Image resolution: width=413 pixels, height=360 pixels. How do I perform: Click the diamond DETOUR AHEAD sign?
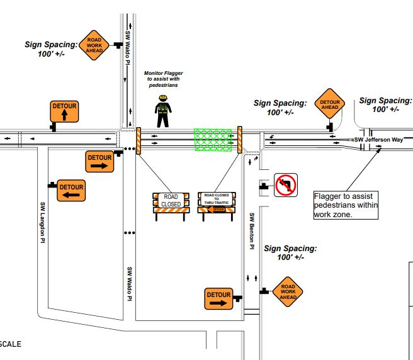click(331, 104)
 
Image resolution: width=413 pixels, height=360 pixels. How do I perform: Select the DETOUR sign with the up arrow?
click(64, 111)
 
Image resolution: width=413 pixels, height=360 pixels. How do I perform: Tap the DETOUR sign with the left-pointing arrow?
click(71, 191)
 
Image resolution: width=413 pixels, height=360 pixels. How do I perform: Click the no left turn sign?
click(285, 186)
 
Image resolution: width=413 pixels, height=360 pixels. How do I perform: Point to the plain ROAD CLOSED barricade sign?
click(171, 201)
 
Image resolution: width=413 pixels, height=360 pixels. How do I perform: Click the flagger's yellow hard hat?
click(163, 98)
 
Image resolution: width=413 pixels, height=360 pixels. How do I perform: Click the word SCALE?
click(11, 344)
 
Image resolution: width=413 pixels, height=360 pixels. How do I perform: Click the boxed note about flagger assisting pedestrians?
click(345, 205)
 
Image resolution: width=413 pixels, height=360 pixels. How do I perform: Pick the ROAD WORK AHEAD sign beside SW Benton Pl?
click(288, 291)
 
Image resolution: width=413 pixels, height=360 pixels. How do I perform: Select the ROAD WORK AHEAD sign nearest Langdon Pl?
click(94, 45)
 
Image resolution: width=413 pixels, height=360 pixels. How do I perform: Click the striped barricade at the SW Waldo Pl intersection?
click(139, 140)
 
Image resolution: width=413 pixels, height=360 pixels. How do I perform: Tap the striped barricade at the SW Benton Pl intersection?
click(240, 140)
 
